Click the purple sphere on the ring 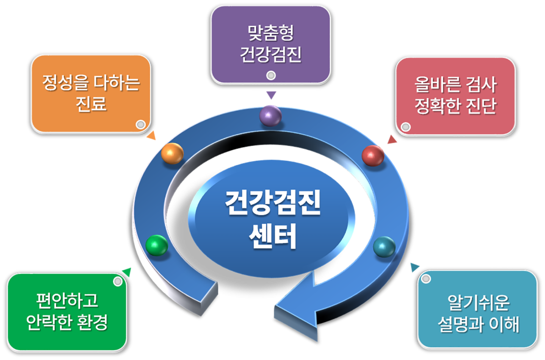(x=271, y=115)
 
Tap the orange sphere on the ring (x=172, y=153)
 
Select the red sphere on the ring (x=373, y=155)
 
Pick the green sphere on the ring (x=157, y=245)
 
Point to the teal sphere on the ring (x=384, y=247)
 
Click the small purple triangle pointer (x=271, y=95)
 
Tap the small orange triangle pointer (x=152, y=136)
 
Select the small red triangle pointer (x=392, y=139)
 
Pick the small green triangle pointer (x=127, y=272)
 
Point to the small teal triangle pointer (x=415, y=267)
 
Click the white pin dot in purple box (x=271, y=75)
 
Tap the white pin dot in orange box (x=140, y=124)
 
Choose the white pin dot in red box (x=406, y=127)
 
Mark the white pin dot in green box (x=118, y=281)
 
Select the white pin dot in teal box (x=426, y=279)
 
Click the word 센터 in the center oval (x=273, y=236)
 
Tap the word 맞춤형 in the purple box (x=271, y=33)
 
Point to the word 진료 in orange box (x=91, y=103)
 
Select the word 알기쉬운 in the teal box (x=478, y=303)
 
